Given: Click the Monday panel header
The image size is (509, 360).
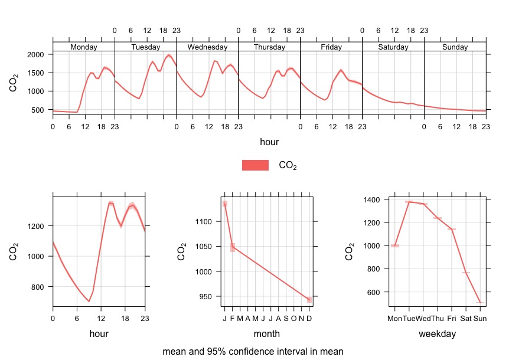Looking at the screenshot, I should click(83, 47).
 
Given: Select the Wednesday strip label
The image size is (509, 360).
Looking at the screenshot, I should click(207, 47).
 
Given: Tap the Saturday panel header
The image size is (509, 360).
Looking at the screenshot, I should click(393, 47).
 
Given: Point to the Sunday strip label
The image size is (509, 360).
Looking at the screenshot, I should click(455, 47).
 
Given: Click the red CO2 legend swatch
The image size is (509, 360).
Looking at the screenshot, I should click(255, 166).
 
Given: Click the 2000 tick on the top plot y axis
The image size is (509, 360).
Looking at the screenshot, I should click(37, 54).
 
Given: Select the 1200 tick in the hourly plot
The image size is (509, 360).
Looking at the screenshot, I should click(37, 226).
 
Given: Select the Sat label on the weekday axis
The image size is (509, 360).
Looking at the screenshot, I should click(466, 319).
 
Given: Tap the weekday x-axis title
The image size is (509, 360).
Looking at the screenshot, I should click(437, 334).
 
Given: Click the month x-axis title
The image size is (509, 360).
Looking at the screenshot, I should click(266, 334).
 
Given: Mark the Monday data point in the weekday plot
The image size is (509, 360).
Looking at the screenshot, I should click(395, 246).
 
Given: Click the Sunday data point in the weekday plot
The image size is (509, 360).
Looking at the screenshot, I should click(480, 302).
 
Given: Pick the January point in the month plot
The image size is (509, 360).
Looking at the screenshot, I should click(224, 204).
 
